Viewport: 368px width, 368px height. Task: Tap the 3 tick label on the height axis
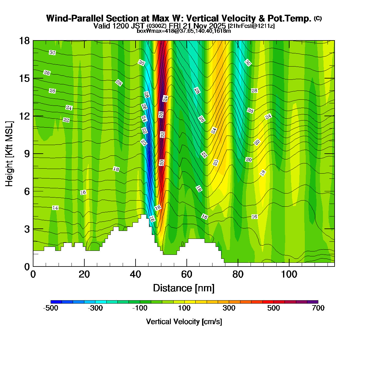coord(26,229)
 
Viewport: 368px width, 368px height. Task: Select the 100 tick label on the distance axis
coord(289,274)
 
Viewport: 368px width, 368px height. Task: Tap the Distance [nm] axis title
coord(184,288)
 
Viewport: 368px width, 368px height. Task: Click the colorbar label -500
coord(51,308)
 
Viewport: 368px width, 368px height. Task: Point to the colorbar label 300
coord(229,308)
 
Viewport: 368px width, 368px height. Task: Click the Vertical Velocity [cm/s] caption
coord(184,322)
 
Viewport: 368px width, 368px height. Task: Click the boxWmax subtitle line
coord(184,31)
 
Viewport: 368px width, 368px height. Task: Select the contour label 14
coord(55,208)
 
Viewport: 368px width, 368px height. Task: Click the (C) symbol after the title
coord(318,18)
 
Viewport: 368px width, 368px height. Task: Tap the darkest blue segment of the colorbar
coord(56,302)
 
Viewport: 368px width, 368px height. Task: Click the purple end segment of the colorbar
coord(313,302)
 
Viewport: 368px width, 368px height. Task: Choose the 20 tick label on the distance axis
coord(84,274)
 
